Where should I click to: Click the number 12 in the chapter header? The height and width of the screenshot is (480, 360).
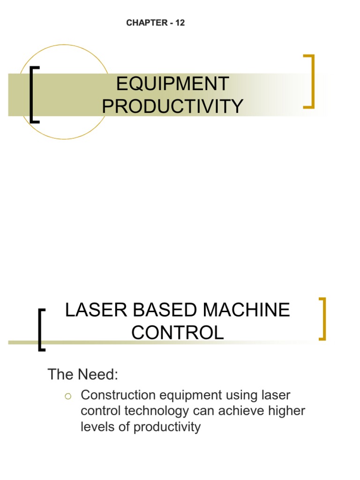pyautogui.click(x=180, y=23)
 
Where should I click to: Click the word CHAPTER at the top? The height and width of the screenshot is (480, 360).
pyautogui.click(x=146, y=23)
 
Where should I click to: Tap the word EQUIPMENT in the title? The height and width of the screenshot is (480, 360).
pyautogui.click(x=172, y=84)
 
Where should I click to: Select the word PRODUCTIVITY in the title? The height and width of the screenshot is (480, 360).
pyautogui.click(x=172, y=106)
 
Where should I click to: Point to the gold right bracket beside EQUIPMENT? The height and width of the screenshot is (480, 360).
pyautogui.click(x=309, y=82)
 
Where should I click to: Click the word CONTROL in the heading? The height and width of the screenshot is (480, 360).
pyautogui.click(x=177, y=333)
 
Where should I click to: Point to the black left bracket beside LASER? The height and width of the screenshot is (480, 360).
pyautogui.click(x=41, y=330)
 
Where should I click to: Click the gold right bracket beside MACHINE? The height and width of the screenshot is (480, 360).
pyautogui.click(x=322, y=319)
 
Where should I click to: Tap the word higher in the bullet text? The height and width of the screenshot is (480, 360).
pyautogui.click(x=286, y=411)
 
